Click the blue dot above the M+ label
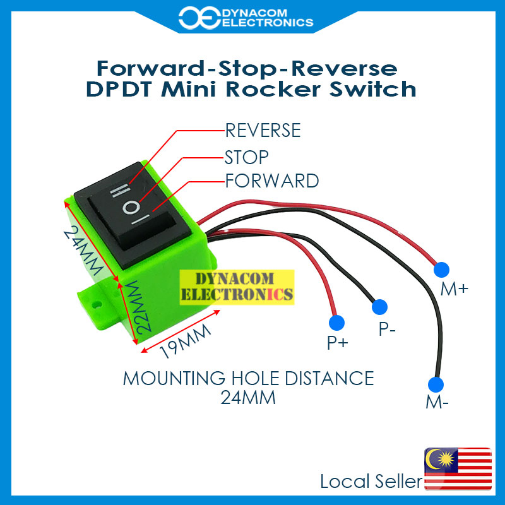point(443,268)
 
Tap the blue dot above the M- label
point(434,384)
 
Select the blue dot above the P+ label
point(338,322)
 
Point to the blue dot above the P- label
point(379,307)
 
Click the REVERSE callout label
point(263,131)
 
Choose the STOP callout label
point(247,156)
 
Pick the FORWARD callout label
point(271,181)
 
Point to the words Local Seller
point(371,482)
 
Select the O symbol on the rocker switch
point(131,206)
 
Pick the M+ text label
point(455,289)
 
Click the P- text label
point(387,330)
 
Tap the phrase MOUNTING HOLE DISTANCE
point(248,378)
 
